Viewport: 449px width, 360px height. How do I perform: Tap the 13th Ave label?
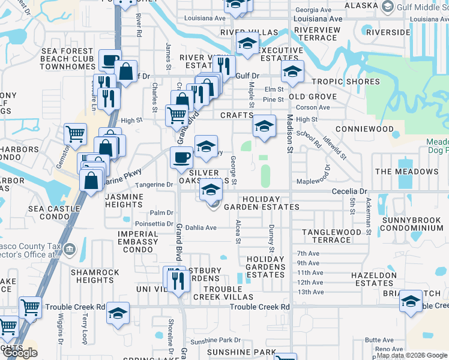(x=310, y=292)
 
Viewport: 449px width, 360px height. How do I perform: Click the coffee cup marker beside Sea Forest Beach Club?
(x=110, y=60)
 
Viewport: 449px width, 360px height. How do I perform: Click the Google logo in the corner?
(x=20, y=353)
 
